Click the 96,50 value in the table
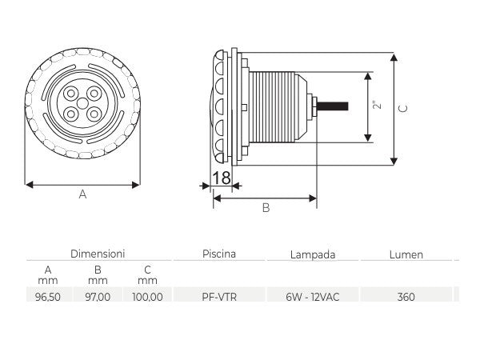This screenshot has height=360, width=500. [47, 297]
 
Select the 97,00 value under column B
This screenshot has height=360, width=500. [98, 297]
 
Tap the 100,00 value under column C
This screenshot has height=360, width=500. [147, 297]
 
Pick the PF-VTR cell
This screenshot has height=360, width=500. [219, 297]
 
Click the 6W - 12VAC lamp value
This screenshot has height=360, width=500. [313, 297]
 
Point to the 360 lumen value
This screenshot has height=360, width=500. [406, 297]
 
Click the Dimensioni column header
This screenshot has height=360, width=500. [98, 254]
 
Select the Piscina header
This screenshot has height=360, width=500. [219, 254]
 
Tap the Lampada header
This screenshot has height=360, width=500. [313, 254]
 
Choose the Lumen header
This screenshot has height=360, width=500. [406, 254]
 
